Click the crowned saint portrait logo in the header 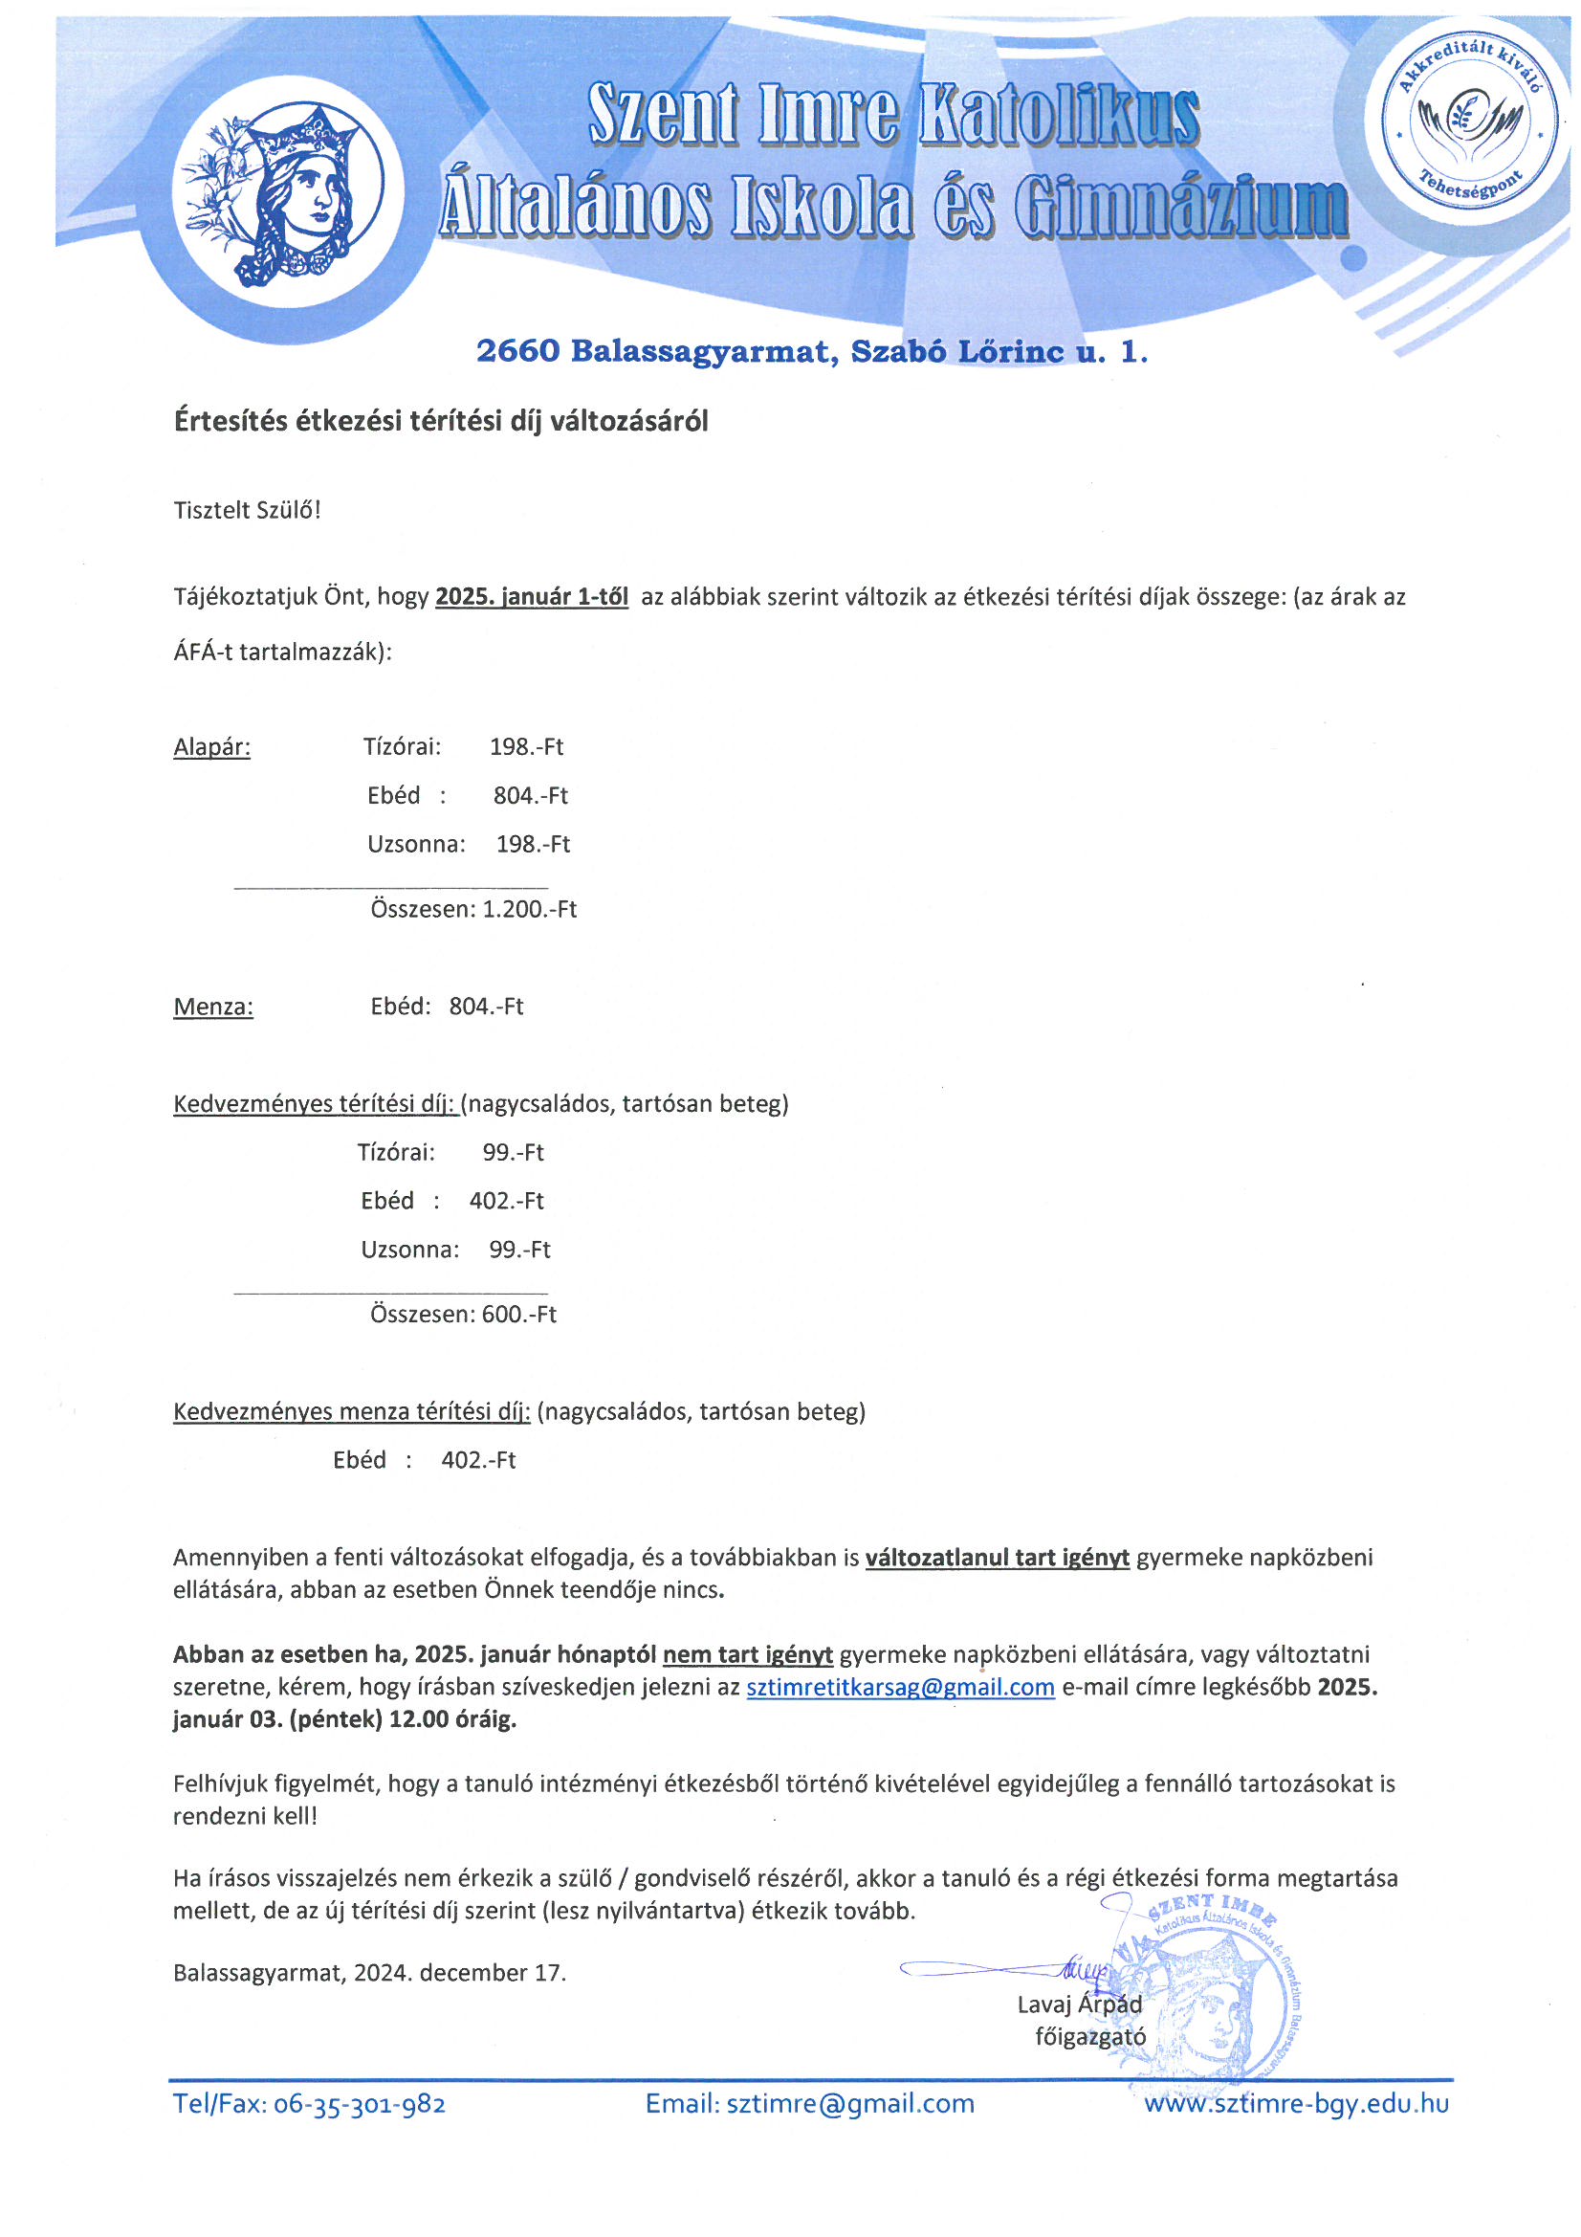(x=288, y=193)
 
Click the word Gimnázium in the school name (x=1179, y=208)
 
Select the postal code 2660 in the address (x=517, y=351)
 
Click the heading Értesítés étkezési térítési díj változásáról (x=440, y=421)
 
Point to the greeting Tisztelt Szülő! (x=248, y=511)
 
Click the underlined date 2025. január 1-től (x=531, y=597)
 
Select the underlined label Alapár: (x=211, y=747)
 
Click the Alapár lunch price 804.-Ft (x=530, y=796)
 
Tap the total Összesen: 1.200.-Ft (x=473, y=909)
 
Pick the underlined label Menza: (x=213, y=1007)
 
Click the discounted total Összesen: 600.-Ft (x=463, y=1315)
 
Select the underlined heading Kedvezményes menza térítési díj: (x=352, y=1412)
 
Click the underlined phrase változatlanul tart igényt (x=997, y=1558)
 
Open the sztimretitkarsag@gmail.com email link (x=900, y=1688)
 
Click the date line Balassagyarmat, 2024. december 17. (x=369, y=1973)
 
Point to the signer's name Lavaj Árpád (x=1079, y=2004)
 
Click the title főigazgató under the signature (x=1090, y=2036)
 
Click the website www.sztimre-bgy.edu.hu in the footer (x=1296, y=2103)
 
